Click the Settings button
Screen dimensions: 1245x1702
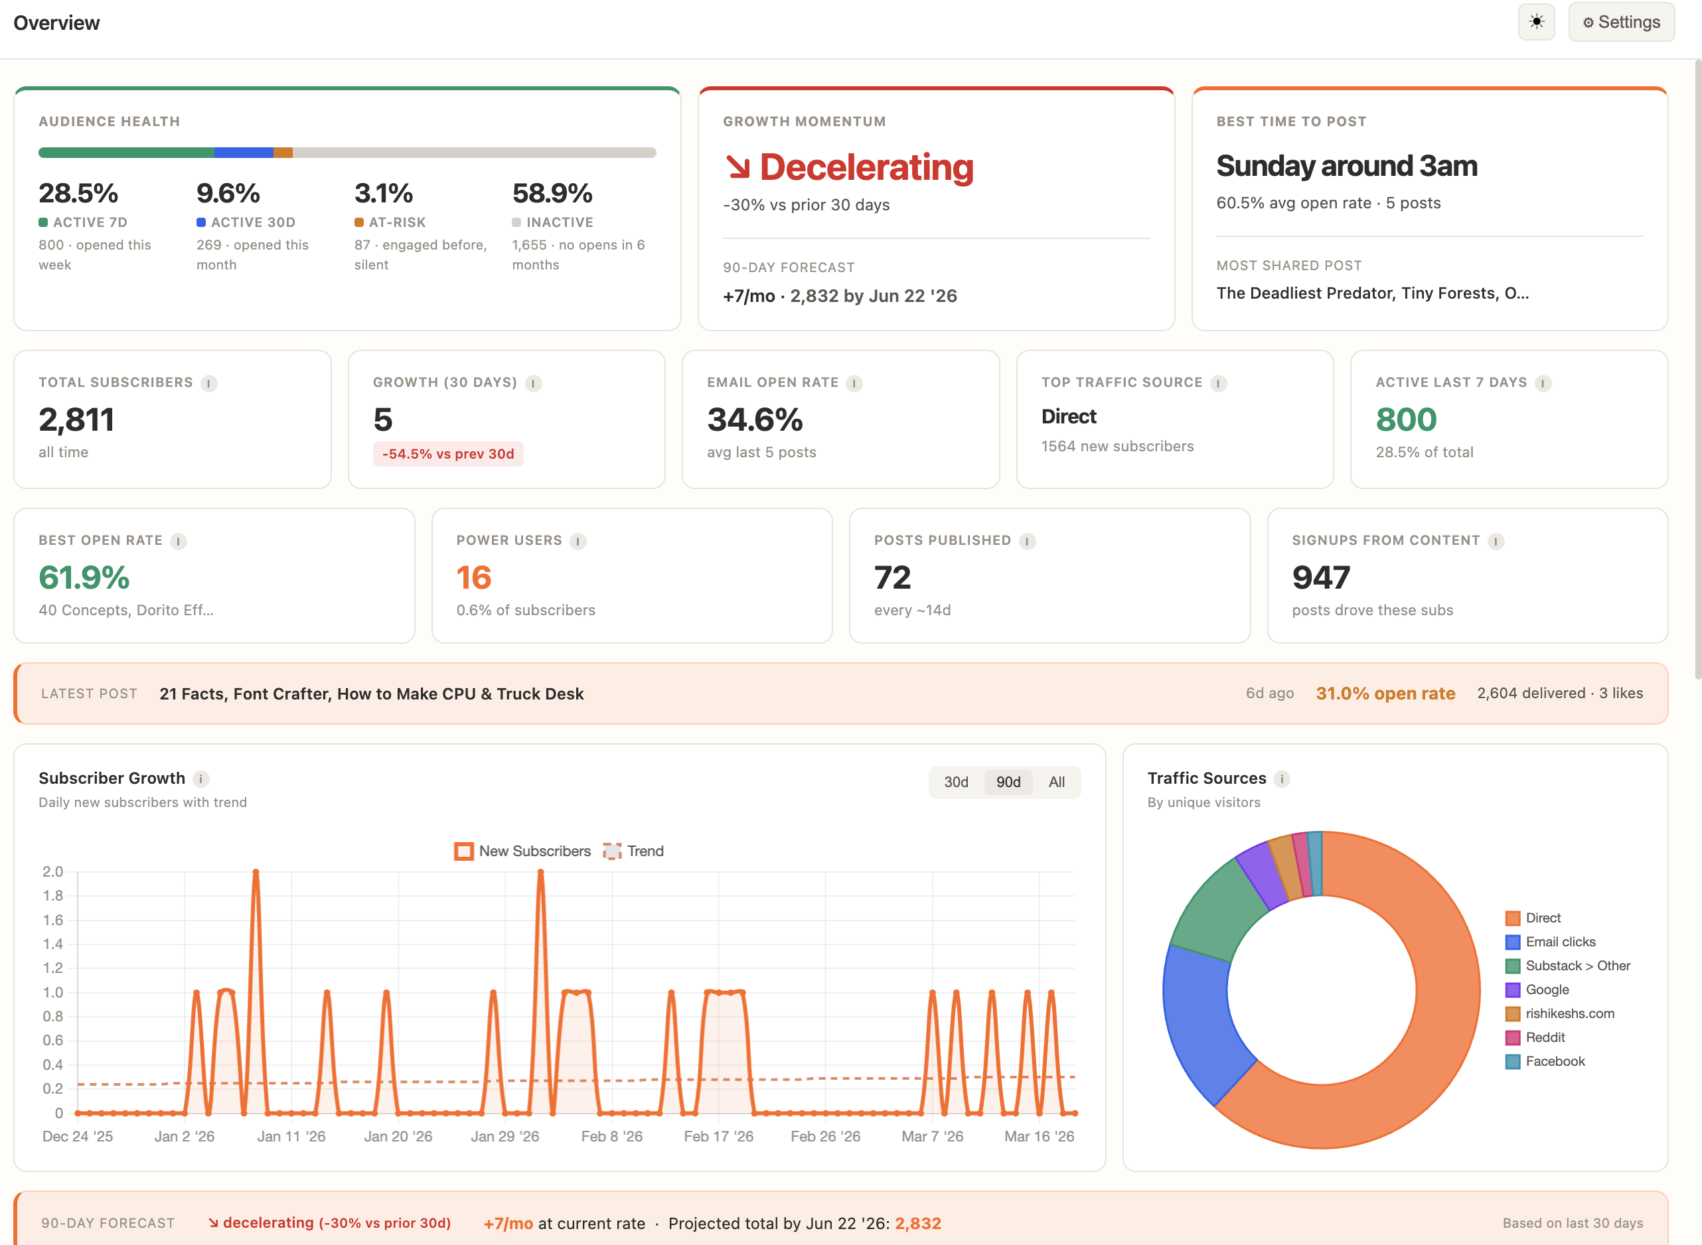point(1620,23)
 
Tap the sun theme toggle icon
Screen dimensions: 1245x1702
point(1536,22)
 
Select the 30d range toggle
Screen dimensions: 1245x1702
point(956,782)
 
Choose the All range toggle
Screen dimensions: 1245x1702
point(1056,782)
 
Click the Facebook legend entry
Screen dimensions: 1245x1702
point(1554,1061)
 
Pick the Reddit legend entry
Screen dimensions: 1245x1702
point(1545,1037)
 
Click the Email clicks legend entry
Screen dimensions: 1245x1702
point(1559,942)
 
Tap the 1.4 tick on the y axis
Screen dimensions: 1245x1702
point(52,944)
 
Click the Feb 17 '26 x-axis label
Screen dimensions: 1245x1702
point(718,1135)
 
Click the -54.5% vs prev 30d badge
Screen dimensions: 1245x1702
point(447,454)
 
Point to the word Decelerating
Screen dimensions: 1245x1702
point(866,167)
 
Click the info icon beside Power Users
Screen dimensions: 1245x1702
point(578,541)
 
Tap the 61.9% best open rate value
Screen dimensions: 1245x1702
point(84,578)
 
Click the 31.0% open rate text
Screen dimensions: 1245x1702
point(1385,694)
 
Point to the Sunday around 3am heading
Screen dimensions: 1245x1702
point(1346,166)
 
